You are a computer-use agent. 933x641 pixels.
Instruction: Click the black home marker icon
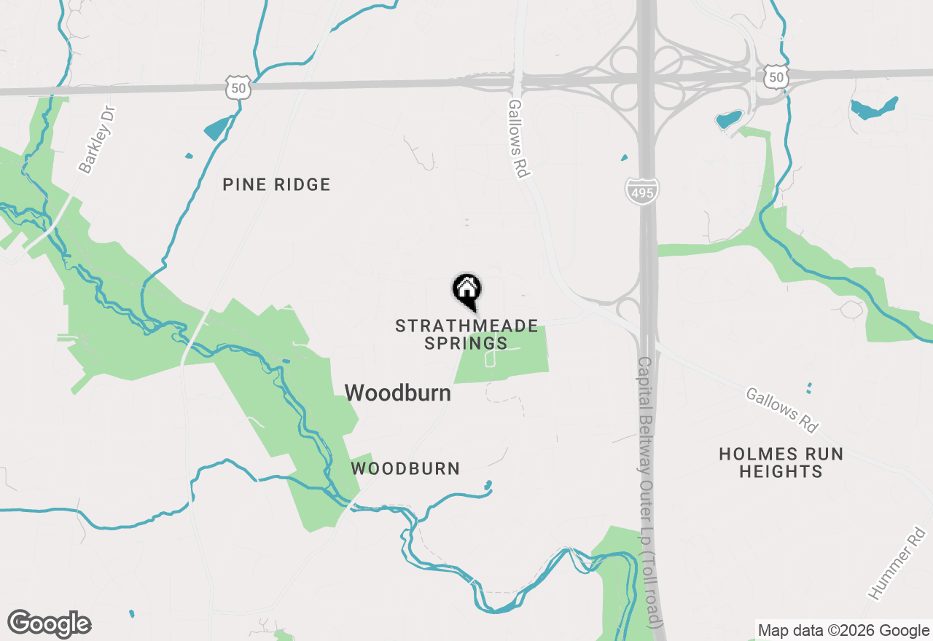[466, 289]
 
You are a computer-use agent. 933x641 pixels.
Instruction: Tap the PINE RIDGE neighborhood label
[276, 185]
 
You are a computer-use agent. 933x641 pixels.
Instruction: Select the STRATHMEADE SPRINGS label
[466, 334]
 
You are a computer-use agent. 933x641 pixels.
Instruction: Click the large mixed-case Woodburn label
[397, 393]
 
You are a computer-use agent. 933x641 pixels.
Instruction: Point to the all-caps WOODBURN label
[405, 468]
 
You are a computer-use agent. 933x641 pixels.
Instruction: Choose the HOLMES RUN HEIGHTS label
[781, 463]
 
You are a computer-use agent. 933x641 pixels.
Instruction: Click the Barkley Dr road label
[97, 139]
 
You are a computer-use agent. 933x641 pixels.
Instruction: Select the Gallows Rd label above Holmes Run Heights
[781, 409]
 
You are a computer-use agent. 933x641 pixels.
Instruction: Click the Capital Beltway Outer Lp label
[651, 492]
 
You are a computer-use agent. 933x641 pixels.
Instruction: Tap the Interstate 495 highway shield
[642, 190]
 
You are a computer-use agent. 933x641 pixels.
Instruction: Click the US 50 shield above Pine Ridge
[238, 87]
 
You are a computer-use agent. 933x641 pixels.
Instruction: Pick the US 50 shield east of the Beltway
[777, 76]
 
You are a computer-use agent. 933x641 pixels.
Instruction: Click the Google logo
[49, 624]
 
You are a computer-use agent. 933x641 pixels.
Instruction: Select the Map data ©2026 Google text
[843, 631]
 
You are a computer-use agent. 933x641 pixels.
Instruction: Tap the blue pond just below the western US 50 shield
[216, 128]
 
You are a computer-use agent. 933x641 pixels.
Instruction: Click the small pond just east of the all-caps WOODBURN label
[488, 485]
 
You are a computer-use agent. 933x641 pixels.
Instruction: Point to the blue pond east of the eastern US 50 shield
[873, 109]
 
